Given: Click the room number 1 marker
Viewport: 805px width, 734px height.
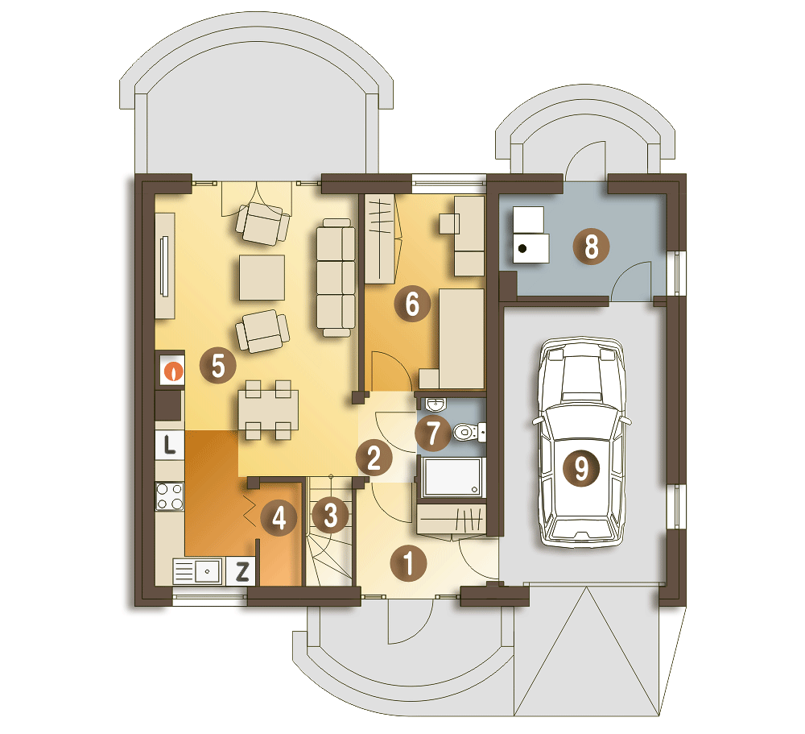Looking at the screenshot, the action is (x=409, y=563).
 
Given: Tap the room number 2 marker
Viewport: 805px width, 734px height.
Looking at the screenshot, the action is (x=374, y=457).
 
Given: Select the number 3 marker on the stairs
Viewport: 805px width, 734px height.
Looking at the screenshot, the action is (x=331, y=515).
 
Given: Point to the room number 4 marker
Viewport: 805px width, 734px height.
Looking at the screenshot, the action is (x=279, y=517).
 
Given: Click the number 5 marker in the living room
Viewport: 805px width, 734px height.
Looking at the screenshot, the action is (x=217, y=366).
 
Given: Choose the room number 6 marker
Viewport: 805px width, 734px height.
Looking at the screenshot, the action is (x=412, y=304).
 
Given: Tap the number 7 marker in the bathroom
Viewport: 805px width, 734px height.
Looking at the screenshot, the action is (x=433, y=433).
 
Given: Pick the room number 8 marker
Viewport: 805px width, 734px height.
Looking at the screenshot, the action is (x=592, y=247).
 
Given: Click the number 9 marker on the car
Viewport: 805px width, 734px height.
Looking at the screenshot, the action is (x=581, y=468).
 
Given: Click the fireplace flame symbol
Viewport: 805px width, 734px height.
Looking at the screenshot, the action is (x=173, y=371).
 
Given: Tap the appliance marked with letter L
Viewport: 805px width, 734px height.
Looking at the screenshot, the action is (x=170, y=444).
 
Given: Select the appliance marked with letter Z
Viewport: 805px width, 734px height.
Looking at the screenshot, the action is (x=241, y=571).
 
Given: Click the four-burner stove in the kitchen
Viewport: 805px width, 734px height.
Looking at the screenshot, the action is (x=170, y=496).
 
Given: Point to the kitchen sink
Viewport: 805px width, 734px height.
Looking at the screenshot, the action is (x=199, y=571).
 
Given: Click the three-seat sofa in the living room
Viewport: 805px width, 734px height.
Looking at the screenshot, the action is (x=336, y=277).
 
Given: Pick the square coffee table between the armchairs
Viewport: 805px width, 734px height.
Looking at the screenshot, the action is (x=262, y=277).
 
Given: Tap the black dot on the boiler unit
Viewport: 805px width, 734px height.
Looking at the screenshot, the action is (x=522, y=249).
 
